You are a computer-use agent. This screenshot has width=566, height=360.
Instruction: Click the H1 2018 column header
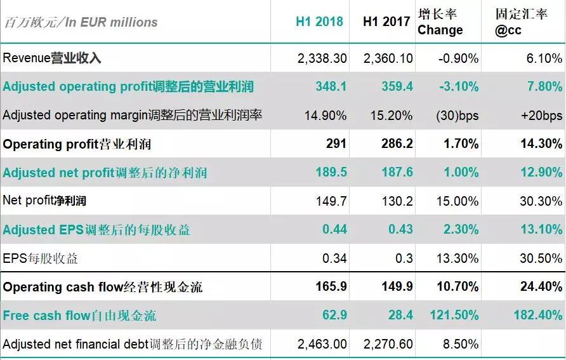click(319, 22)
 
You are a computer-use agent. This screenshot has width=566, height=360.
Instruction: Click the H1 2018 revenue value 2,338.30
click(322, 58)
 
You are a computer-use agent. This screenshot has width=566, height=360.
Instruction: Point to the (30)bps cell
click(457, 116)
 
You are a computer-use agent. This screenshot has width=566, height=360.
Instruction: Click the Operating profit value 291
click(336, 144)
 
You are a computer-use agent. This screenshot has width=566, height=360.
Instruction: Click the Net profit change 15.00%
click(457, 201)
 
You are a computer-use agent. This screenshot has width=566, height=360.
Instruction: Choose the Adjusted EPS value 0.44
click(334, 230)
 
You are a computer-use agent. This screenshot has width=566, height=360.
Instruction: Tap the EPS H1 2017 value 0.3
click(404, 258)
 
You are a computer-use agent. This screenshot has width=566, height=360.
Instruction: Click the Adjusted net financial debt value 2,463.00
click(322, 344)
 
